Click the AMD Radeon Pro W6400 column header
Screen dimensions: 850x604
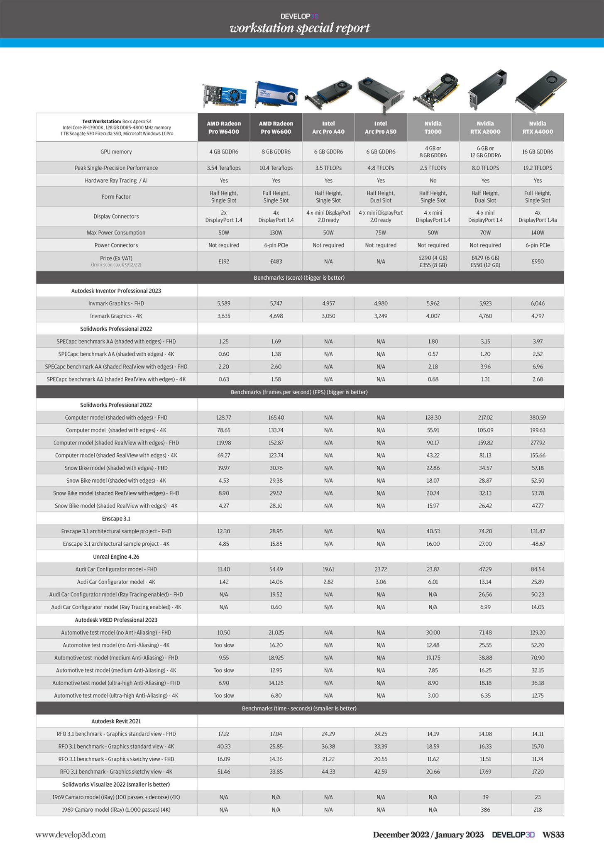224,127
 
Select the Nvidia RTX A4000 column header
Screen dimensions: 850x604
538,127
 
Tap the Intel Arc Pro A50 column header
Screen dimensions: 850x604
381,127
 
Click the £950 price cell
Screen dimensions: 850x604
538,261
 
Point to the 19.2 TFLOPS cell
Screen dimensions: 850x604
538,168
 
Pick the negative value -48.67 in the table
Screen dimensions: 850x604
538,544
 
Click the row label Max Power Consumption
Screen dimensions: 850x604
116,233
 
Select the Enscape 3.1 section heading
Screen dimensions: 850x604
116,519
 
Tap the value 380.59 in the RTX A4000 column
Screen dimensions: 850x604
538,418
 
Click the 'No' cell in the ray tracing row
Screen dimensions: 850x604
433,181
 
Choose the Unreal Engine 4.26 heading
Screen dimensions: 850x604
116,557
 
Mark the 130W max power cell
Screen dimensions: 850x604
276,233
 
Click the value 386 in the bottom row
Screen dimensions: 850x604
485,810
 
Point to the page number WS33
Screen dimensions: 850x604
553,835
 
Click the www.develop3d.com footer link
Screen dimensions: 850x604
71,835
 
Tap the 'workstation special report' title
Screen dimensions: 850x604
300,28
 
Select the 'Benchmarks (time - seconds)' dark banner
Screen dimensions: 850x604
300,708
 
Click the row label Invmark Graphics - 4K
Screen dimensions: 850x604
116,316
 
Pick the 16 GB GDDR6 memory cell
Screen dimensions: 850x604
538,152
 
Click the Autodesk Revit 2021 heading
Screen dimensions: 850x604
116,721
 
